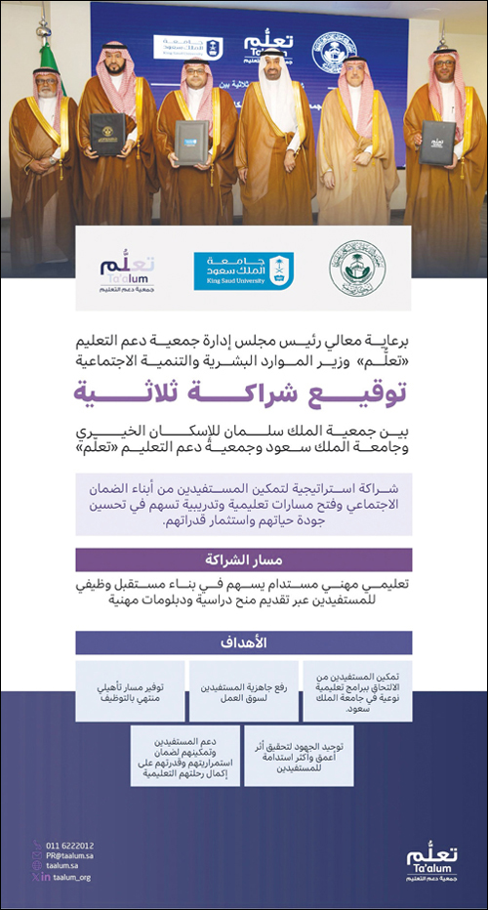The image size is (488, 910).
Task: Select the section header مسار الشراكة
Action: click(x=243, y=559)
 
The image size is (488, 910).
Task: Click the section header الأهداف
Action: click(x=243, y=643)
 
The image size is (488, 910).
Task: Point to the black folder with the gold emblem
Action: click(x=106, y=133)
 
